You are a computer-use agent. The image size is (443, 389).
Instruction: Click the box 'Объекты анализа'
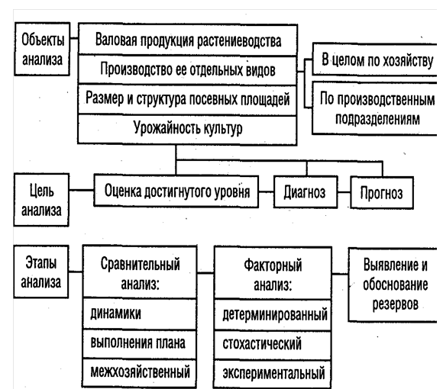coord(42,49)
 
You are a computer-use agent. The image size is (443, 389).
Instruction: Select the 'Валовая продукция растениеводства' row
coord(188,40)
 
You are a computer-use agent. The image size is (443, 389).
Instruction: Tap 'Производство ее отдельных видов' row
coord(188,69)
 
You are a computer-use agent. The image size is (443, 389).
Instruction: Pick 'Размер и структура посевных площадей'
coord(188,99)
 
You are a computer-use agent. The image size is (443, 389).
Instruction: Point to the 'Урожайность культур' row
coord(188,130)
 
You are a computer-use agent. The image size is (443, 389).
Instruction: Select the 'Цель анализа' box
coord(41,200)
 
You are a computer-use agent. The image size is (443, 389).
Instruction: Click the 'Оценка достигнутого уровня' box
coord(176,191)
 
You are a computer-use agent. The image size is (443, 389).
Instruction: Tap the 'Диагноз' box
coord(306,192)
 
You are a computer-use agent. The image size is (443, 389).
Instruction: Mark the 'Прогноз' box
coord(382,193)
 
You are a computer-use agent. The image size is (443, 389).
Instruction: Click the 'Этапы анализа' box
coord(41,272)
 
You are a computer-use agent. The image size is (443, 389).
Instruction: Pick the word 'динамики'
coord(115,313)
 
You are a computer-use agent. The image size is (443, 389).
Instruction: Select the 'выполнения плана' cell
coord(139,343)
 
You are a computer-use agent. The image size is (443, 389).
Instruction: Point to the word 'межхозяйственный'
coord(140,371)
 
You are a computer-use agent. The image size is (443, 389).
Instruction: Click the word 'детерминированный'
coord(275,314)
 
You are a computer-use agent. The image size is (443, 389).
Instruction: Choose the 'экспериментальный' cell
coord(273,374)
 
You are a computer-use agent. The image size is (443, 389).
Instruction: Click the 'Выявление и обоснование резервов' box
coord(395,285)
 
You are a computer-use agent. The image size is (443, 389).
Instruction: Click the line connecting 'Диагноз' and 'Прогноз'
coord(344,192)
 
